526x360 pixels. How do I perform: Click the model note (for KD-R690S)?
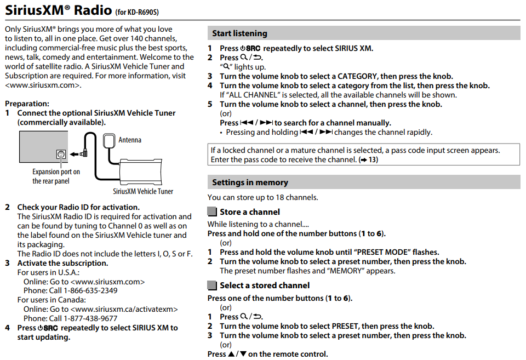coord(141,12)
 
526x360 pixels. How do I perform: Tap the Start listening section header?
coord(240,33)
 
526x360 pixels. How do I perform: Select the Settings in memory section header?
coord(250,182)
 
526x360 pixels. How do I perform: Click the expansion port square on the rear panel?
coord(61,155)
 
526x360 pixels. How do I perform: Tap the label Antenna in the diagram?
coord(130,140)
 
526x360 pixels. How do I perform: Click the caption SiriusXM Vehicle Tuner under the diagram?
coord(143,191)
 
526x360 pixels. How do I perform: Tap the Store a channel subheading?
coord(250,212)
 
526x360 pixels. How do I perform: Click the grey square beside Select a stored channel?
coord(212,285)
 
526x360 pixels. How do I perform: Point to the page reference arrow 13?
coord(368,160)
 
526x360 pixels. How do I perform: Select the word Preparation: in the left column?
coord(27,104)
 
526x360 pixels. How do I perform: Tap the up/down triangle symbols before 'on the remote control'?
coord(237,354)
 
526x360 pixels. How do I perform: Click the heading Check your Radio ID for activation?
coord(78,207)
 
